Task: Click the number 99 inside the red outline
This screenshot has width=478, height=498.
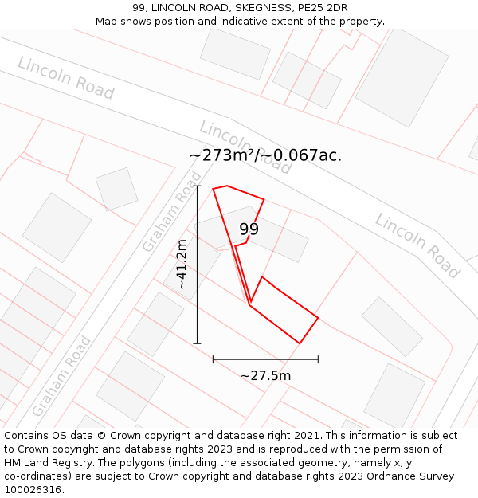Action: pos(249,229)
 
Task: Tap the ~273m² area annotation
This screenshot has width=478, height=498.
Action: pos(265,155)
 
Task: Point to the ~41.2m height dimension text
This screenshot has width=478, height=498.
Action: pos(182,265)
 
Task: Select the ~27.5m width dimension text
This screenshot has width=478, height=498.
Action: pos(265,375)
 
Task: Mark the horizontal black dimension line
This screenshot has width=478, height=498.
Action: pos(265,359)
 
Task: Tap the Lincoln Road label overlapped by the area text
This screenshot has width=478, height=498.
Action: pos(245,147)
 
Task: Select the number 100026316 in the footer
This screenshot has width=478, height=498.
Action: pos(33,490)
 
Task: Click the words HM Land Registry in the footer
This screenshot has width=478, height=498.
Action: pos(49,463)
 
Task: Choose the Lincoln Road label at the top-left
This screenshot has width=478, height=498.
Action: pos(65,78)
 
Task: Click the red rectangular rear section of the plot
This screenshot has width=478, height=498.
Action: pos(284,311)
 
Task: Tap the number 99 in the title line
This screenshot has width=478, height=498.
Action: pos(140,8)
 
